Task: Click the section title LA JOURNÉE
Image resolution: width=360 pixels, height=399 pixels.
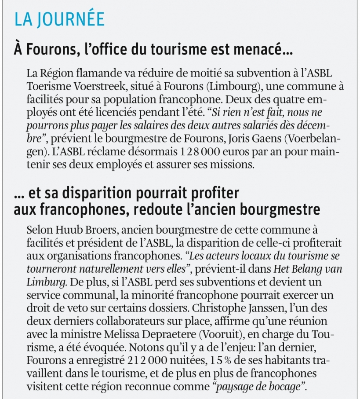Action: coord(59,19)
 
